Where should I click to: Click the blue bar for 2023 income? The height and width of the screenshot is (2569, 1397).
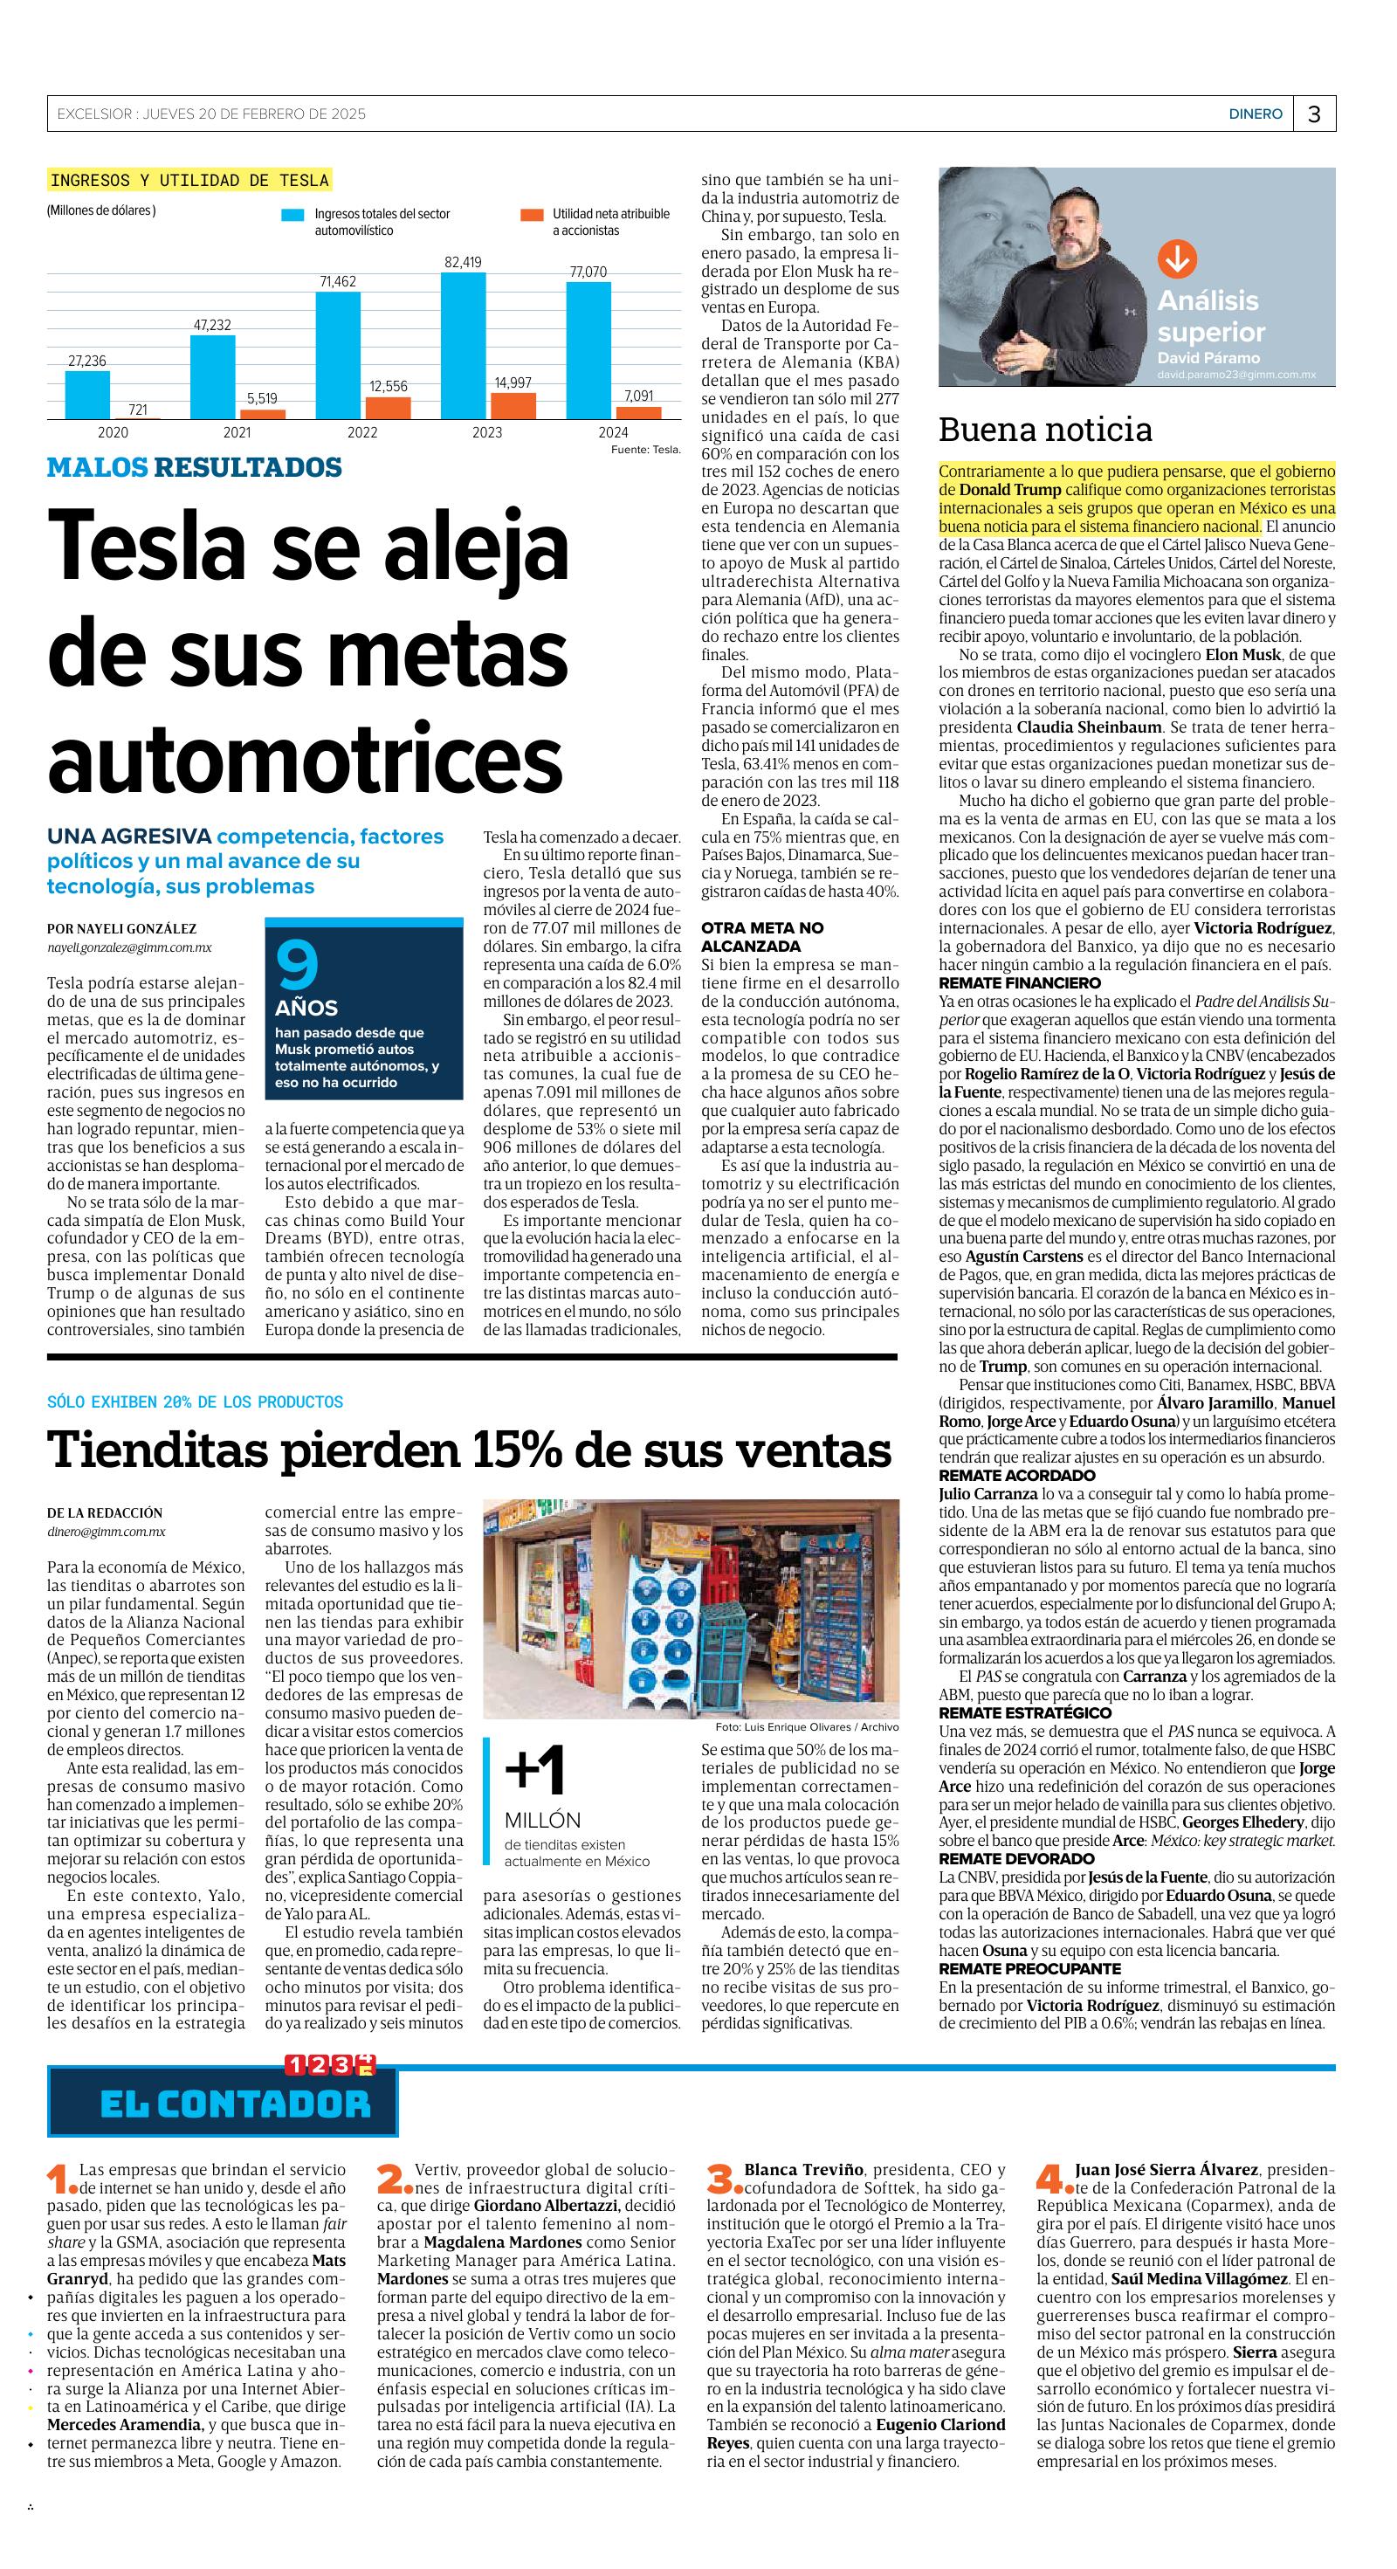[x=463, y=345]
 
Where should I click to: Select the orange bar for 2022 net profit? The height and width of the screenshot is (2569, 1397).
[x=388, y=407]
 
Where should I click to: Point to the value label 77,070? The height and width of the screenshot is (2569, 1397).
[x=588, y=272]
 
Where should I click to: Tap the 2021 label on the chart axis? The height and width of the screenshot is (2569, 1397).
[x=237, y=433]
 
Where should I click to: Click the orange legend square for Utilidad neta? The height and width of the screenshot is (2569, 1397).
[x=532, y=215]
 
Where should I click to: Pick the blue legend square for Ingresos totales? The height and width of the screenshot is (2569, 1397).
[x=292, y=215]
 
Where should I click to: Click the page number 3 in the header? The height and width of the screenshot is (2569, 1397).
[x=1314, y=114]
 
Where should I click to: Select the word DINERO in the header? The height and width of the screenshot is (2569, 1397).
[x=1255, y=114]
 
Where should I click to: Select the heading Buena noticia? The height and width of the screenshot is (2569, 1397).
[x=1045, y=430]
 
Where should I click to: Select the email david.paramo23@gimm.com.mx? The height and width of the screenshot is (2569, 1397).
[x=1235, y=375]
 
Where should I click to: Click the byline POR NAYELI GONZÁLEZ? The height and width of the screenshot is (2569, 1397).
[x=121, y=928]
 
